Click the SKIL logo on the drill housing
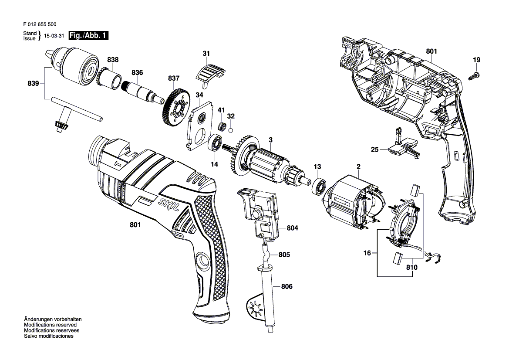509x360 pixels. (169, 204)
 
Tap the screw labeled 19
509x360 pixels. (474, 75)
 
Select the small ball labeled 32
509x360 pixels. (231, 130)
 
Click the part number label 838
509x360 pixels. (113, 59)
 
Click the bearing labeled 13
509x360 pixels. (320, 186)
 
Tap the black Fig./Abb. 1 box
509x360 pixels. (89, 35)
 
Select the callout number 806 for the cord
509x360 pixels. (287, 286)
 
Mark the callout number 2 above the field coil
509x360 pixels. (358, 166)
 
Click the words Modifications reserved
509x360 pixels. (51, 325)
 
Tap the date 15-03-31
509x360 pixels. (54, 36)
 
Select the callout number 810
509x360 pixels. (411, 268)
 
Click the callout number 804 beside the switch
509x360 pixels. (292, 228)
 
